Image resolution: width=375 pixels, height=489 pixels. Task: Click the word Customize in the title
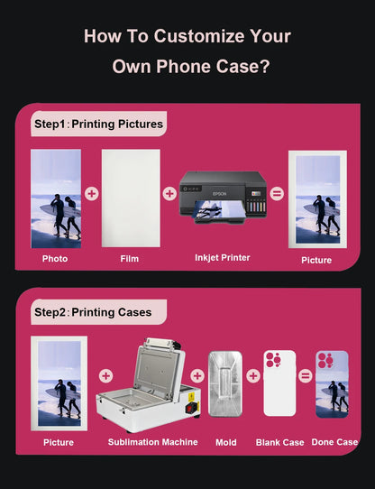pos(199,36)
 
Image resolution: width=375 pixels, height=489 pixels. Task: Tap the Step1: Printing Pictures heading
pos(98,124)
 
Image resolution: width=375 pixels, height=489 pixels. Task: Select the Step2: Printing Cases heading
pos(93,312)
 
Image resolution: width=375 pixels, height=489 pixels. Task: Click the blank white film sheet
pos(131,198)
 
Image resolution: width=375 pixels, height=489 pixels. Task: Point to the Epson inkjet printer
pos(223,197)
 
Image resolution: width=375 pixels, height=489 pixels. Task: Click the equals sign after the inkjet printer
pos(277,194)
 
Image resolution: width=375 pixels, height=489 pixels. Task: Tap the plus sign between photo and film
pos(92,194)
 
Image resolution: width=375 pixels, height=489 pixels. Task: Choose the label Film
pos(130,259)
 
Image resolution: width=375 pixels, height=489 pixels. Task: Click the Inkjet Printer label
pos(223,258)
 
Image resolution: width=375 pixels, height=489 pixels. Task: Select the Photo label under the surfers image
pos(55,259)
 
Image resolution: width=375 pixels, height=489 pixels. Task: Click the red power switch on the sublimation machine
pos(190,408)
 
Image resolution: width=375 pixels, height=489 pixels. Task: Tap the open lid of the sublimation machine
pos(158,368)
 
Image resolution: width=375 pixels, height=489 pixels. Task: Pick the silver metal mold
pos(225,384)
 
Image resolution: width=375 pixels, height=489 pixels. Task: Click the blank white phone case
pos(279,383)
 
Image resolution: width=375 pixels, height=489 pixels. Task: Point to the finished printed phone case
pos(332,384)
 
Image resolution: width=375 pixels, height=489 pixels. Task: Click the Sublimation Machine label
pos(152,442)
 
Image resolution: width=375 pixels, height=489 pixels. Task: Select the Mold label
pos(226,442)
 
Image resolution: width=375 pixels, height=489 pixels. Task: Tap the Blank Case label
pos(280,442)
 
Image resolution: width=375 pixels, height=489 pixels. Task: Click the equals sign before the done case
pos(306,376)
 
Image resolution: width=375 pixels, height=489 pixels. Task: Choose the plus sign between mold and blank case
pos(253,376)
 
